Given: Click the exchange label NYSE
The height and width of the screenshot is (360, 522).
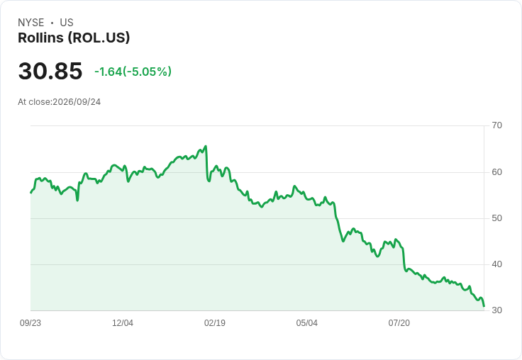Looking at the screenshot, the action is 31,23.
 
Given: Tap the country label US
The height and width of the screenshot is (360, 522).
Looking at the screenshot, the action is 67,23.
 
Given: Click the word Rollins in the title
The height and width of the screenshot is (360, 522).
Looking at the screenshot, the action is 40,38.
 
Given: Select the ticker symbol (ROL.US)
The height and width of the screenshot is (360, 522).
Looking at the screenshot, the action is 99,38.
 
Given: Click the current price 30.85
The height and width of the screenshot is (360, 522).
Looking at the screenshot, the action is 50,71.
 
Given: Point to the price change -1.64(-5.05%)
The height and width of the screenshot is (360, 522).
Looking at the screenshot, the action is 133,72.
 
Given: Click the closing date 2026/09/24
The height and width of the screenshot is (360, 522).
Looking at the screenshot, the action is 77,102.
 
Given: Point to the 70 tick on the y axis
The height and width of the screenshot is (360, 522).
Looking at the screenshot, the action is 496,125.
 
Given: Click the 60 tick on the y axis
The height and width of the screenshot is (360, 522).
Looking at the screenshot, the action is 496,172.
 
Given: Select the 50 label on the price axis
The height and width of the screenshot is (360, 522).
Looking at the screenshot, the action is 496,218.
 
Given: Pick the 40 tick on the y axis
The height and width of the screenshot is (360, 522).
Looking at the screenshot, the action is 496,264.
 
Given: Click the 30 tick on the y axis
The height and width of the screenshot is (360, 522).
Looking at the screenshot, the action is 496,310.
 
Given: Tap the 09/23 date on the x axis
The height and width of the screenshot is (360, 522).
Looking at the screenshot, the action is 30,323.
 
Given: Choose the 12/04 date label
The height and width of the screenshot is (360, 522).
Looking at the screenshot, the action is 123,323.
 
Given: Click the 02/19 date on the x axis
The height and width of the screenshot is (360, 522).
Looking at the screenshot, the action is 215,323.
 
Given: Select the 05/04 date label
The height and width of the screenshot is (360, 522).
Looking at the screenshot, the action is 307,323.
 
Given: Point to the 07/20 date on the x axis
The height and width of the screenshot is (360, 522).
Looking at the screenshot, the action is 399,323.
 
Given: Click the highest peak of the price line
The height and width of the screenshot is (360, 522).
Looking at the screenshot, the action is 206,146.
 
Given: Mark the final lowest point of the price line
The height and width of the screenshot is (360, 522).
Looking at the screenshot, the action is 484,306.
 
